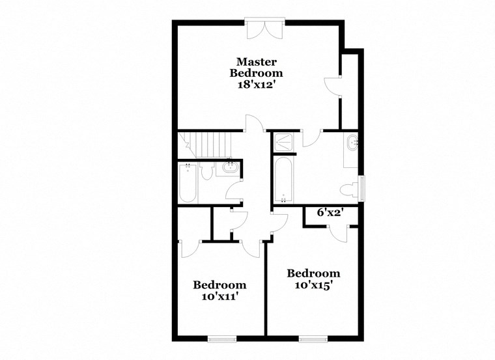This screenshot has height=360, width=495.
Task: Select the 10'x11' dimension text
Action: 219,296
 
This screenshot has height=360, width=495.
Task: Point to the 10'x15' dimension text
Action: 313,284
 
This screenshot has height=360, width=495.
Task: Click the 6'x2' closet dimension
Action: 330,212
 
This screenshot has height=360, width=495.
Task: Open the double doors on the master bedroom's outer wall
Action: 264,29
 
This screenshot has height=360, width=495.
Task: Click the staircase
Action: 206,143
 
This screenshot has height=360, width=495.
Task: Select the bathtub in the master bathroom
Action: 283,180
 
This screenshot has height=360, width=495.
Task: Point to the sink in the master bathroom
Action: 352,142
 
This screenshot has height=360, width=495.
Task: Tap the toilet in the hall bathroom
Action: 207,171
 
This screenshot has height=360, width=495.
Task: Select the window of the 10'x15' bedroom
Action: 313,338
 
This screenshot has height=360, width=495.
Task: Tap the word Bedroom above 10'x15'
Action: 313,273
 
